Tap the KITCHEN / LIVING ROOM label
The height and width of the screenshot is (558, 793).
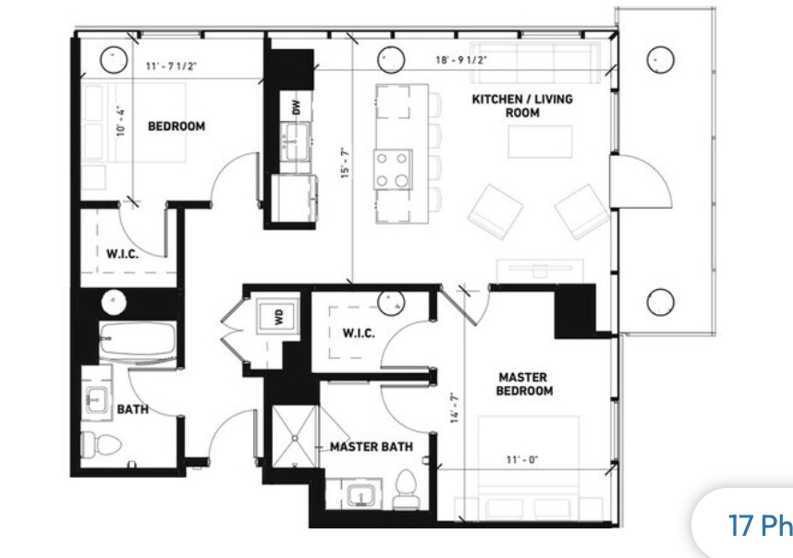pyautogui.click(x=522, y=105)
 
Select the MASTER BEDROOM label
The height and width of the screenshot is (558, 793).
pyautogui.click(x=525, y=383)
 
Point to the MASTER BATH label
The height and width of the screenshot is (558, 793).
pyautogui.click(x=372, y=447)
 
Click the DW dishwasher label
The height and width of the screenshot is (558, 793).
pyautogui.click(x=296, y=107)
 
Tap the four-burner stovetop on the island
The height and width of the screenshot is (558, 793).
pyautogui.click(x=393, y=169)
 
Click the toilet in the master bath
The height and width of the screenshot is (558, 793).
pyautogui.click(x=406, y=490)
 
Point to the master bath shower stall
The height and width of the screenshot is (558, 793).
pyautogui.click(x=292, y=429)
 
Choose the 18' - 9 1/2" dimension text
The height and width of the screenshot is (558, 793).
pyautogui.click(x=461, y=60)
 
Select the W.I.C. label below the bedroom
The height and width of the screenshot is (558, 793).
pyautogui.click(x=122, y=254)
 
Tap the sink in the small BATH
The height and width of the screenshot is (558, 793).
pyautogui.click(x=96, y=400)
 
